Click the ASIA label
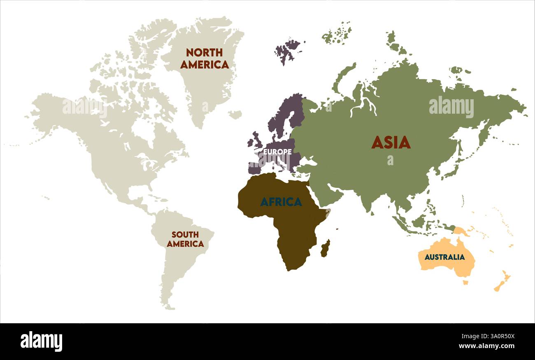(391, 143)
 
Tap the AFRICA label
(281, 202)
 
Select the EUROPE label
(277, 152)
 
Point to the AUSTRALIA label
(444, 257)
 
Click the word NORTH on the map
(204, 53)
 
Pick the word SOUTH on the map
(185, 234)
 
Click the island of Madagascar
(325, 248)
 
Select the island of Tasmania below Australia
(465, 283)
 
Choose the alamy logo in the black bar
(41, 341)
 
